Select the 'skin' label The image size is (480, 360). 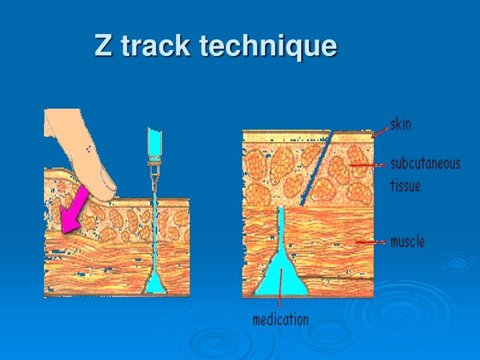click(400, 124)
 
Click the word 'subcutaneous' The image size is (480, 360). click(425, 164)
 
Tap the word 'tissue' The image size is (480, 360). click(405, 185)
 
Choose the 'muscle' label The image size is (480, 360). click(407, 241)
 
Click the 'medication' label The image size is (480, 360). click(280, 319)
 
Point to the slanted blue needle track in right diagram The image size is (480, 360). click(317, 167)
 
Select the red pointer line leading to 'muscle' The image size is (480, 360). click(370, 242)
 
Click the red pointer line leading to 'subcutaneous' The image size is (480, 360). click(367, 164)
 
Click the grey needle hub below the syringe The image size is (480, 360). click(155, 167)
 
